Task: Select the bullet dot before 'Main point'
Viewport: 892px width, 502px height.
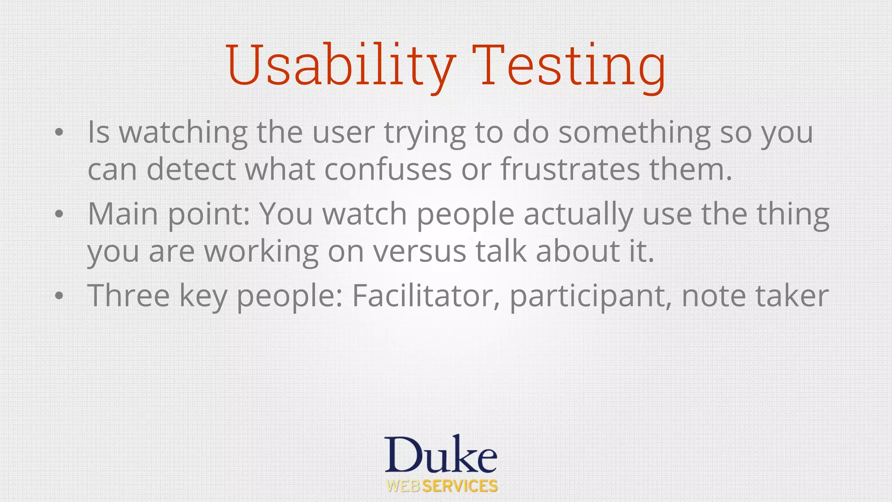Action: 59,214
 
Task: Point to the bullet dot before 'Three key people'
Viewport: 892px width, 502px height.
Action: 59,296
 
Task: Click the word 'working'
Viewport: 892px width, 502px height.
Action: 261,251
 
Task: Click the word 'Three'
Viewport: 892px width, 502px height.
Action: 128,296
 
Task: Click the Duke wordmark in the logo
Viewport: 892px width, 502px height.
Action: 440,455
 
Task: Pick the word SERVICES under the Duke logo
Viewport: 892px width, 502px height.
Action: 460,486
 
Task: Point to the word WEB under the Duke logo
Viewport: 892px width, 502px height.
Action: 403,486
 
